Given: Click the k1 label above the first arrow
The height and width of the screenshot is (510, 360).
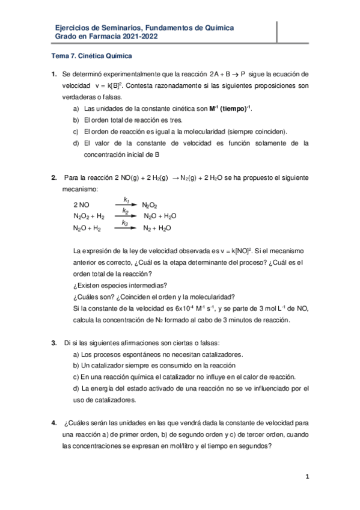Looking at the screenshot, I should [126, 198].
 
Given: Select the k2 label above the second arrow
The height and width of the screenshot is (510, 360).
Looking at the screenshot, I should [125, 210].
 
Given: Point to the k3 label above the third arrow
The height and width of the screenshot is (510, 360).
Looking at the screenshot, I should [125, 223].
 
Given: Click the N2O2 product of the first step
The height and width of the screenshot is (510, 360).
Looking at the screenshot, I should [150, 205].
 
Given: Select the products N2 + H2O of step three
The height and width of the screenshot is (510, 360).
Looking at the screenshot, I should [157, 229].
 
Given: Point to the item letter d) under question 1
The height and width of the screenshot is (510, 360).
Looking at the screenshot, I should [76, 143].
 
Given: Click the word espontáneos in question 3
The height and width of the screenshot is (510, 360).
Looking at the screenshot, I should [130, 354].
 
